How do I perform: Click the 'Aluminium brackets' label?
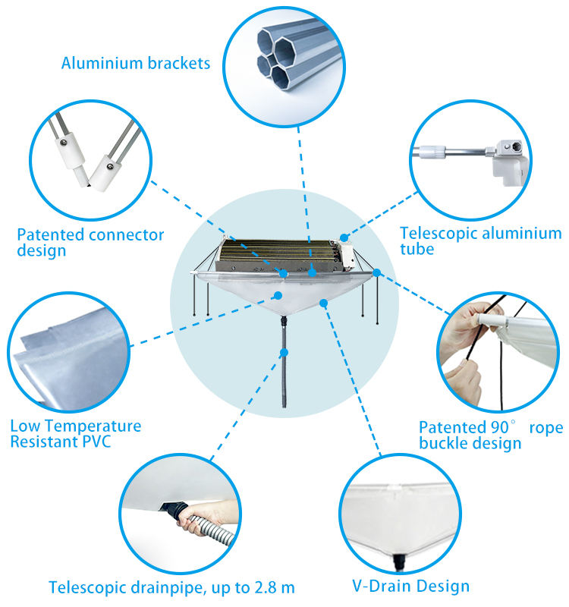tap(136, 63)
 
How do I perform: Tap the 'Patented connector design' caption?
tap(90, 242)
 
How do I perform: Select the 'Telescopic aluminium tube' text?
tap(481, 241)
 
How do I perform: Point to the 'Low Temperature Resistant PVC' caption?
tap(76, 433)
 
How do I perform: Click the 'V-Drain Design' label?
tap(410, 586)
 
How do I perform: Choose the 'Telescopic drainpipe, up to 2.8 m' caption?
tap(172, 587)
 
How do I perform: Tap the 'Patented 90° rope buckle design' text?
tap(491, 436)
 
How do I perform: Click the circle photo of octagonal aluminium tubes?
tap(284, 67)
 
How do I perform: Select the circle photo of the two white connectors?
tap(90, 160)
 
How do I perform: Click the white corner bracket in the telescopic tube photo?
tap(509, 162)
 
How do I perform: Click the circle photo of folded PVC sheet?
tap(69, 352)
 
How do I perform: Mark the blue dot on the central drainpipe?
tap(284, 352)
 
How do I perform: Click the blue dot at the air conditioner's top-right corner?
tap(344, 237)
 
